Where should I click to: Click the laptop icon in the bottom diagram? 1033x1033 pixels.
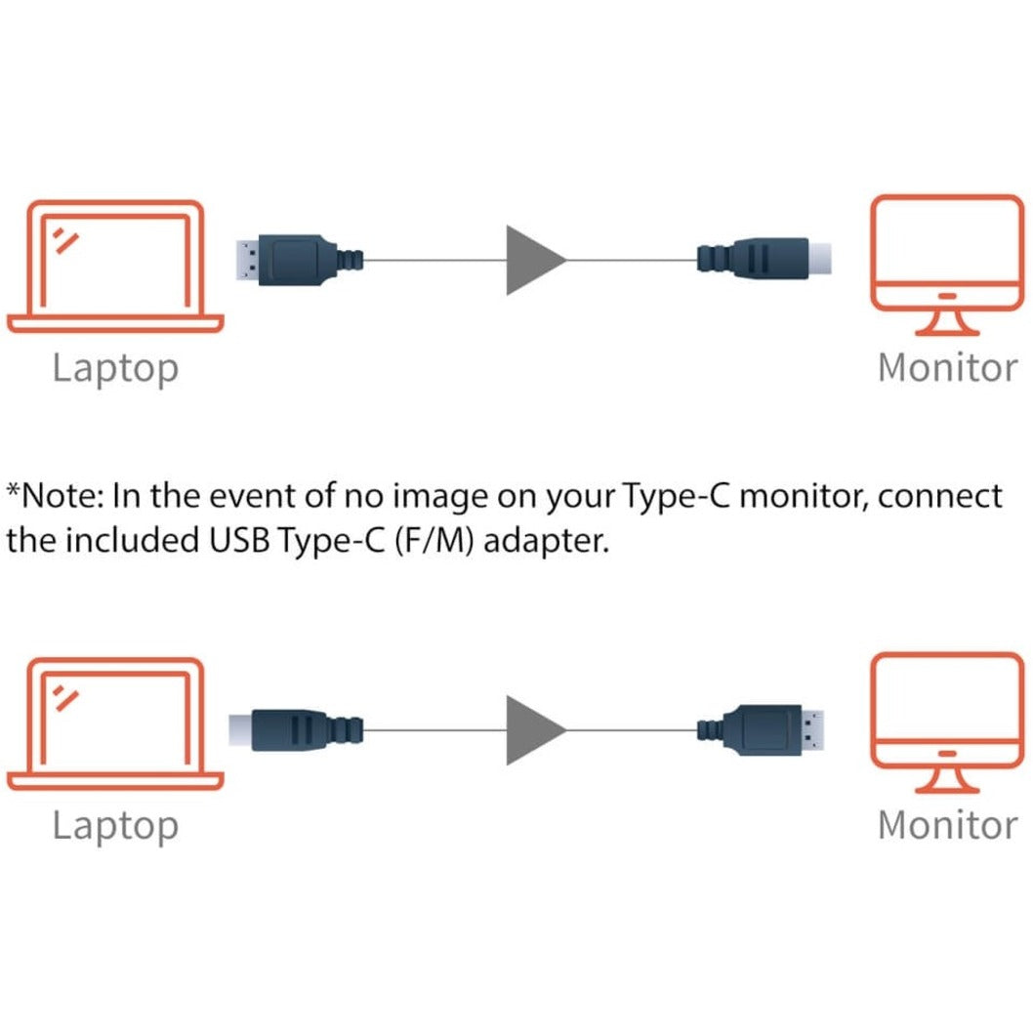coord(115,723)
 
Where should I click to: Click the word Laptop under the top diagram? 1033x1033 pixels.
coord(115,369)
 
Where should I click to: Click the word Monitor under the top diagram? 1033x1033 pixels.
coord(947,368)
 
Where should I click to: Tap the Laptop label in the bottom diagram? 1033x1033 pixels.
coord(115,826)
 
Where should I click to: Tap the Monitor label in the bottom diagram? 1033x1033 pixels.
coord(947,825)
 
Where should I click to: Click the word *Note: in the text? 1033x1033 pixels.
coord(56,496)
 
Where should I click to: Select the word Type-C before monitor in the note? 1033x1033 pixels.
coord(680,497)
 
